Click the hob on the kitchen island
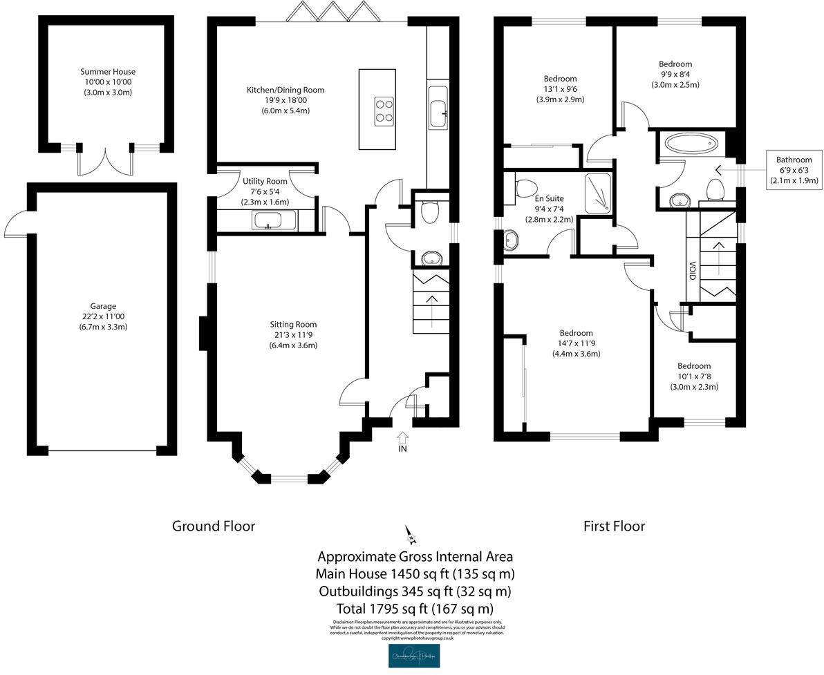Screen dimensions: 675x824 [x=384, y=111]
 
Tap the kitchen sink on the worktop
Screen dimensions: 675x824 [x=438, y=113]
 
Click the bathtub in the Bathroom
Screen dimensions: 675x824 [x=691, y=145]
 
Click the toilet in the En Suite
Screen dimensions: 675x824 [x=525, y=188]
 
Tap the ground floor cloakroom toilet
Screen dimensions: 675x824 [x=429, y=212]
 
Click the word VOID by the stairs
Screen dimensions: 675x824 [x=692, y=269]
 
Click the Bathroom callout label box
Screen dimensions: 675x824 [x=794, y=171]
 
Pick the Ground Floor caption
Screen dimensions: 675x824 [x=214, y=526]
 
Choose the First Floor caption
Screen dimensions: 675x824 [x=614, y=526]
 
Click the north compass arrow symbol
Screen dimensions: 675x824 [x=410, y=534]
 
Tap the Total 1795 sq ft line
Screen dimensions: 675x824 [x=415, y=609]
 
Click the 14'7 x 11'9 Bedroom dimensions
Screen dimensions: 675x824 [x=576, y=343]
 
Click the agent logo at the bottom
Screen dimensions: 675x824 [x=414, y=656]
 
